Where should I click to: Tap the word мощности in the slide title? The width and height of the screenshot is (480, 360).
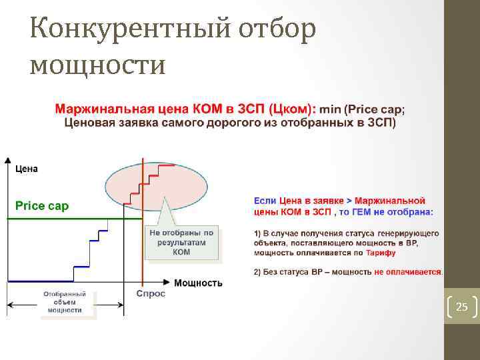point(97,65)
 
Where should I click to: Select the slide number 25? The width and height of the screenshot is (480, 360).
point(461,307)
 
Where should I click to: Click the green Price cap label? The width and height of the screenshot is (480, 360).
point(42,206)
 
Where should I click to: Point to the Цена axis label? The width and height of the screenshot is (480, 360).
point(27,169)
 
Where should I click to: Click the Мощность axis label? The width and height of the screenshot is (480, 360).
point(198,283)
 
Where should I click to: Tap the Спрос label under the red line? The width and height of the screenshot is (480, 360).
point(150,293)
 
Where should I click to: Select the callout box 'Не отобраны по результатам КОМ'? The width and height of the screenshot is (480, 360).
point(181,243)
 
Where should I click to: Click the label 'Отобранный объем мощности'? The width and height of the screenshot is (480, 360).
point(65,301)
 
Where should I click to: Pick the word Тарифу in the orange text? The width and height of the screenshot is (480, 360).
point(381,253)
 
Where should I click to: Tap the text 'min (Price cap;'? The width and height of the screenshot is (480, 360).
point(362,108)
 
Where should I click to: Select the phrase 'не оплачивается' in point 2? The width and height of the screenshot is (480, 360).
point(407,272)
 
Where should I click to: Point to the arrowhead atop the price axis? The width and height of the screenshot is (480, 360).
point(7,161)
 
